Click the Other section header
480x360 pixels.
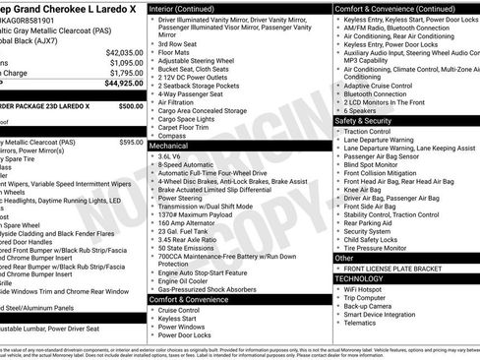pyautogui.click(x=345, y=258)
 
